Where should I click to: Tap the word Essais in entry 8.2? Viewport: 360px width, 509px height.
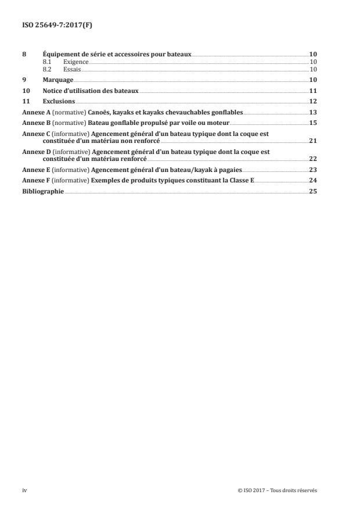tap(72, 69)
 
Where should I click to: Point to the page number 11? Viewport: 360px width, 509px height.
tap(313, 91)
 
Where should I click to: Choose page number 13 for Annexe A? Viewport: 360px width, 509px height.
tap(313, 112)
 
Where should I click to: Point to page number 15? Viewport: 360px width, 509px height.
tap(313, 123)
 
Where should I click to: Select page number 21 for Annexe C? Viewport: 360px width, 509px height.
tap(313, 141)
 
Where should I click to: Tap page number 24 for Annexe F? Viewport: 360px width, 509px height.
tap(313, 180)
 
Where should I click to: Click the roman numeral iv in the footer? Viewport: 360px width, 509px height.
tap(24, 490)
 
